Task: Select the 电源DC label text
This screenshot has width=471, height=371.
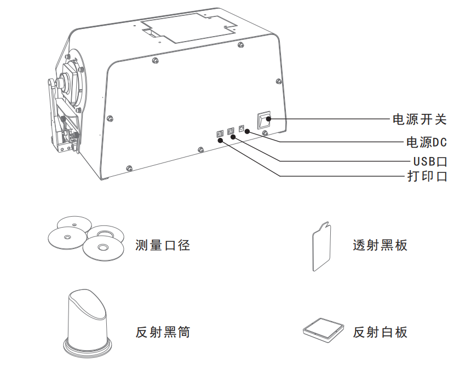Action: [426, 142]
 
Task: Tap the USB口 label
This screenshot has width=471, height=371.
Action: [430, 161]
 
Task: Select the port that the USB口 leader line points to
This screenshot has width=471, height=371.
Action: [231, 131]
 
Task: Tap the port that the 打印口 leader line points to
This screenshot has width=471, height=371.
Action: [220, 133]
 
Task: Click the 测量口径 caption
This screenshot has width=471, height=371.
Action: [163, 245]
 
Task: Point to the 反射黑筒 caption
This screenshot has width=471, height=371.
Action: [163, 332]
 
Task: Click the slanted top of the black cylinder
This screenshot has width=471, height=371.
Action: [88, 304]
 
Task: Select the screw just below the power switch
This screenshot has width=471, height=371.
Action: [265, 134]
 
